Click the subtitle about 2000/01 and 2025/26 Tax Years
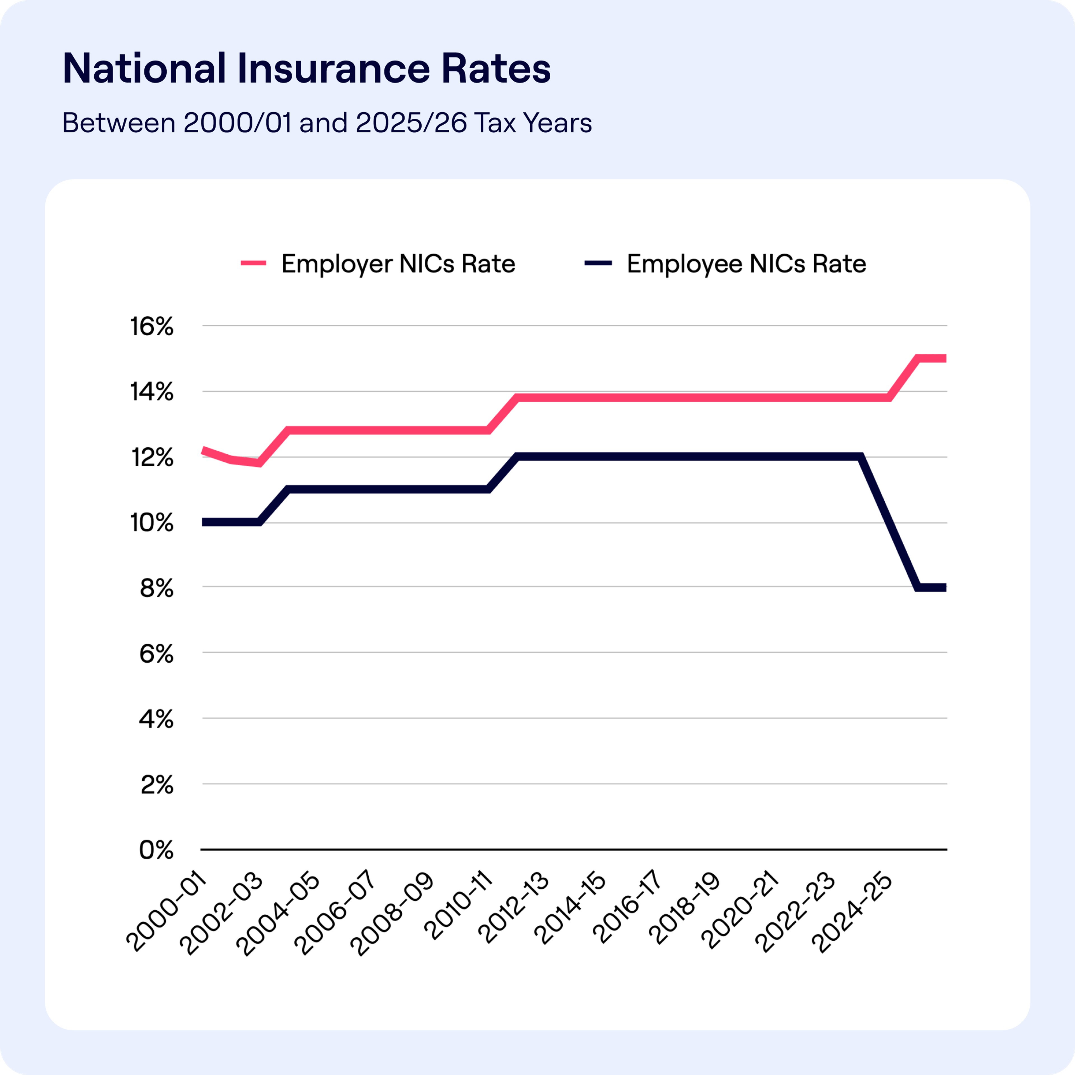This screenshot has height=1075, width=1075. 327,123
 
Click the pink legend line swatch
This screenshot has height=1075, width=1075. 253,263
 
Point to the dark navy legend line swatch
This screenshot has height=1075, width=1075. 598,263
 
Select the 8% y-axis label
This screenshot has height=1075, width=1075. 156,588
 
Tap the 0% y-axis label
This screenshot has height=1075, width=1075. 156,850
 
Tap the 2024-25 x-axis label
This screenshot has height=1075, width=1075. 851,913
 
